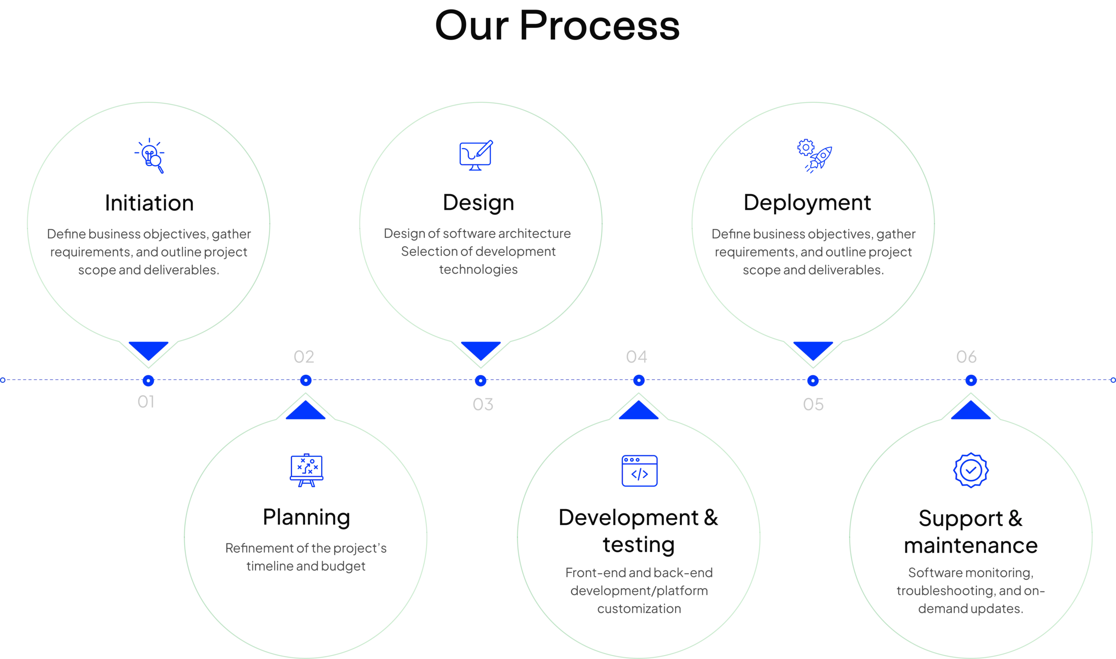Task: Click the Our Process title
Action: (557, 27)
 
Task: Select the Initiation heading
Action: (150, 203)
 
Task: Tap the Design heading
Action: (479, 203)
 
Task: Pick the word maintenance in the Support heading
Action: (971, 545)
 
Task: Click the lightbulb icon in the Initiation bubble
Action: (150, 155)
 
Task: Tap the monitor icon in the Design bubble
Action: (476, 156)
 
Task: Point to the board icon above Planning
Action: (306, 470)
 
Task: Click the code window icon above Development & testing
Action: (639, 470)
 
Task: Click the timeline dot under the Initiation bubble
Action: (148, 380)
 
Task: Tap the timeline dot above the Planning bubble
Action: (306, 380)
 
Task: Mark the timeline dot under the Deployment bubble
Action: (812, 380)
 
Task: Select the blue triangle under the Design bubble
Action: (481, 349)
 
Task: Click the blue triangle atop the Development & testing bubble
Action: (638, 411)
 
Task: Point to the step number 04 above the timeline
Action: (636, 357)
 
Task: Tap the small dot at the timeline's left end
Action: (3, 380)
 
